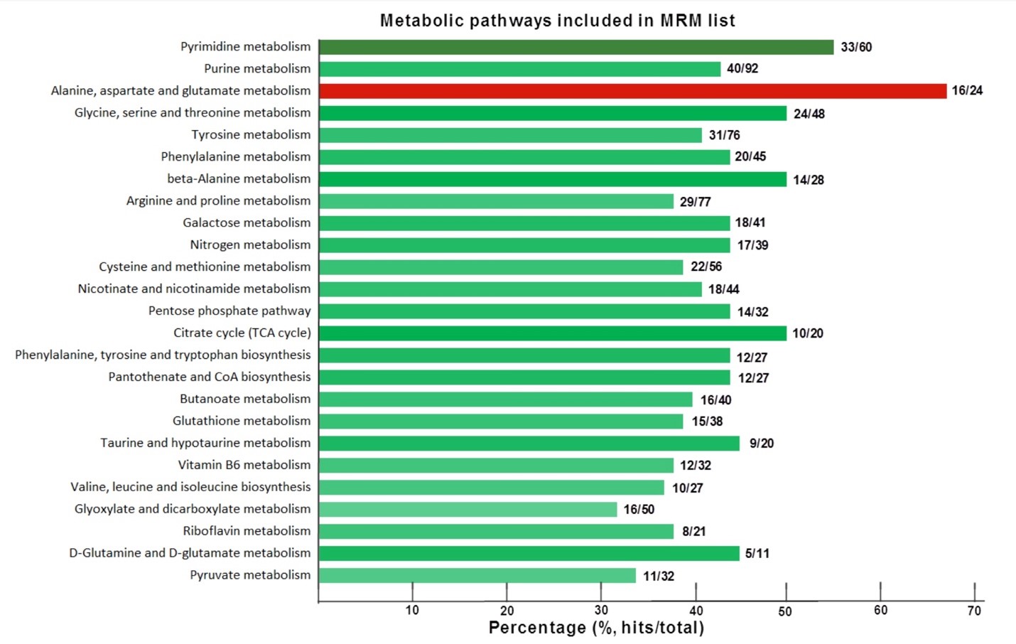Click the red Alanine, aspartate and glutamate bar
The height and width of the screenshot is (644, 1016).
(632, 91)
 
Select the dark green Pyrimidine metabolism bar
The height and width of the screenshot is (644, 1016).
(576, 47)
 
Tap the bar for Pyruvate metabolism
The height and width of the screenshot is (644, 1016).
(477, 576)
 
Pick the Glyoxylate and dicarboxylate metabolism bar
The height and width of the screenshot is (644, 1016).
(468, 510)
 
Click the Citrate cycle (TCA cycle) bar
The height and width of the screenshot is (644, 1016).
(553, 333)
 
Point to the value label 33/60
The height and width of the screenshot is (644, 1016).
(856, 47)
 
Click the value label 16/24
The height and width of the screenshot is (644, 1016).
(967, 90)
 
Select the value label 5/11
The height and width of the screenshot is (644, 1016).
(757, 553)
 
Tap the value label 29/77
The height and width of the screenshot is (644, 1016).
(695, 202)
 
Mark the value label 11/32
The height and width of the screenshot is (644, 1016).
(659, 576)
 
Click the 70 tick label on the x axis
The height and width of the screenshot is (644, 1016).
(974, 611)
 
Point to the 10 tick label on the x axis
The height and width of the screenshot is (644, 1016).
(412, 611)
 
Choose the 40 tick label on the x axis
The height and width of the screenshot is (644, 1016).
(696, 611)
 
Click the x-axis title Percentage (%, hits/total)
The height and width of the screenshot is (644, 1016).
(596, 628)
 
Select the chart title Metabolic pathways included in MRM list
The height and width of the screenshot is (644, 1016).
(557, 21)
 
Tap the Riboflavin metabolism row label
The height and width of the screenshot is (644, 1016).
(247, 531)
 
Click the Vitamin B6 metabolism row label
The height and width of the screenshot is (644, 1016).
(244, 465)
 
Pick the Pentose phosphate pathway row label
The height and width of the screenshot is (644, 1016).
(229, 311)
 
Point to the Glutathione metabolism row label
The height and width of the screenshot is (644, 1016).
(242, 421)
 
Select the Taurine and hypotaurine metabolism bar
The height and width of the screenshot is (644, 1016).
(529, 444)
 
